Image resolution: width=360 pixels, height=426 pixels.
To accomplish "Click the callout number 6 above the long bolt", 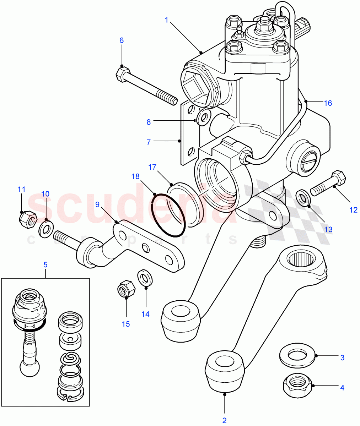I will (x=122, y=40).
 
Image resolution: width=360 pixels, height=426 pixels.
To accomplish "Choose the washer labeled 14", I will (x=145, y=277).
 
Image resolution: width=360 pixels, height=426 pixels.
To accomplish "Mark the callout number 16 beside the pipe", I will (x=328, y=103).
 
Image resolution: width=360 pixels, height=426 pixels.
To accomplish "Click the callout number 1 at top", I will (x=166, y=20).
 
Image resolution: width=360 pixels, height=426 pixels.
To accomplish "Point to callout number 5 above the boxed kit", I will (x=45, y=264).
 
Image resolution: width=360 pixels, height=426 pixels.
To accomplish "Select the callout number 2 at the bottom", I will (x=224, y=420).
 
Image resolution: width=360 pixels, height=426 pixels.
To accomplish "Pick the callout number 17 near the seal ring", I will (x=152, y=167).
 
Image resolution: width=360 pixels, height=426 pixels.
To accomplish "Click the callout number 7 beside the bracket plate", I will (x=149, y=142).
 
